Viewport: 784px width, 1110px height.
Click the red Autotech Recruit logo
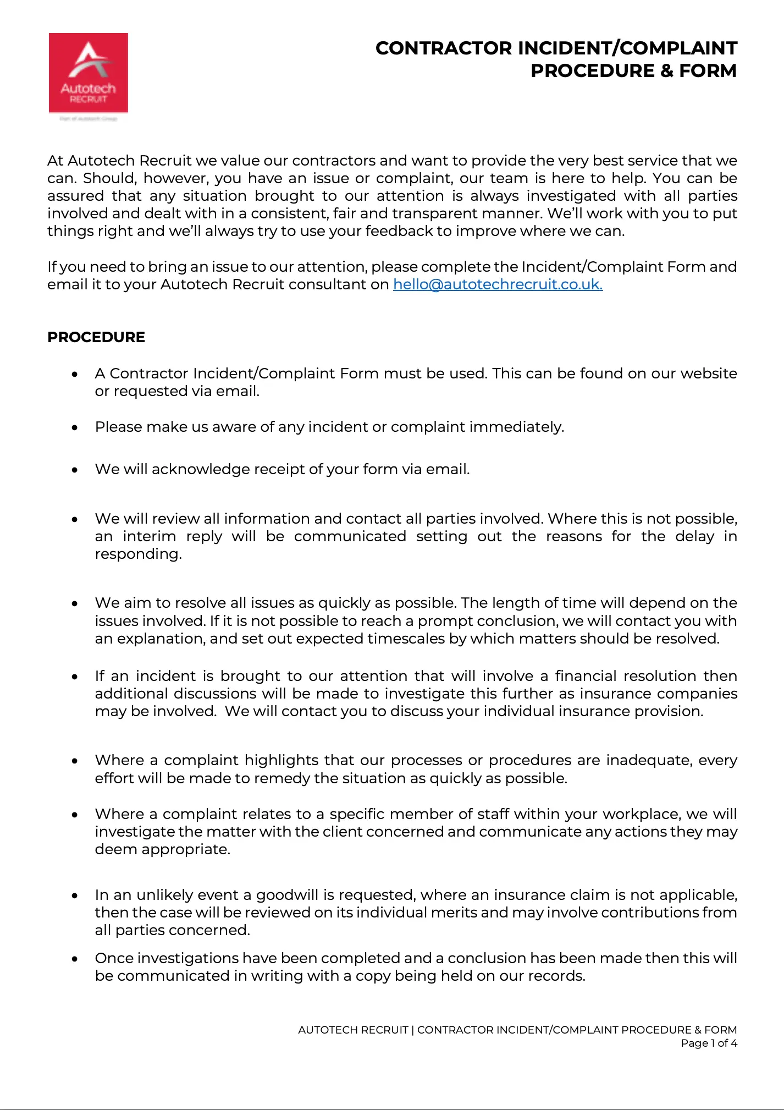89,73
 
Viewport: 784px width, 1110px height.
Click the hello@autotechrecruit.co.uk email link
498,284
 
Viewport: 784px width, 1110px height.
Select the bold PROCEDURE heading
96,337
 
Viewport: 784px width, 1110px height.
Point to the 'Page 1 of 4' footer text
709,1043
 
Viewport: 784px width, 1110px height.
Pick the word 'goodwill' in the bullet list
287,895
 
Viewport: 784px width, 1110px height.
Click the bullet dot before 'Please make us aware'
75,427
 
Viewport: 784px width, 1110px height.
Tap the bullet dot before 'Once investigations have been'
75,959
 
